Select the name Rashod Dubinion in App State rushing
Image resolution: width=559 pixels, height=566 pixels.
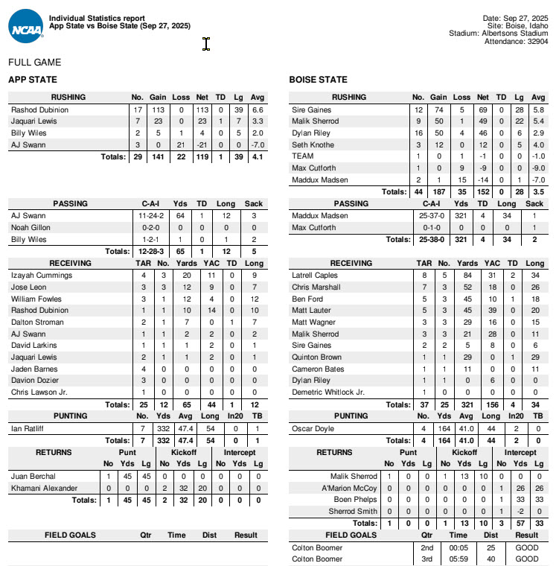pyautogui.click(x=39, y=109)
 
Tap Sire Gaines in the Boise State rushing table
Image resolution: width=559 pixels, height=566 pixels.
pyautogui.click(x=311, y=109)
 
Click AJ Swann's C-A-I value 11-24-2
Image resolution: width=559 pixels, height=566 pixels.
pyautogui.click(x=148, y=215)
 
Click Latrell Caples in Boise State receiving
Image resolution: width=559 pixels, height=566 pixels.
pyautogui.click(x=316, y=275)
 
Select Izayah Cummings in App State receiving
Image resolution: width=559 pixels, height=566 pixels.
pyautogui.click(x=42, y=275)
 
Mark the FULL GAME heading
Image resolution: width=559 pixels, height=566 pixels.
pyautogui.click(x=34, y=63)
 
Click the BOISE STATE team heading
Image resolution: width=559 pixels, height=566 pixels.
pyautogui.click(x=318, y=79)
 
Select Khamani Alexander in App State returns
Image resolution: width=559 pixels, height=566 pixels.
pyautogui.click(x=44, y=488)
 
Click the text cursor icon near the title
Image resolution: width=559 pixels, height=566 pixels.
pyautogui.click(x=206, y=45)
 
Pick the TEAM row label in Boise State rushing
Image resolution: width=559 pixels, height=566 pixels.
pyautogui.click(x=303, y=156)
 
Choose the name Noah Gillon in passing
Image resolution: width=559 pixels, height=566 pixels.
pyautogui.click(x=31, y=227)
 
